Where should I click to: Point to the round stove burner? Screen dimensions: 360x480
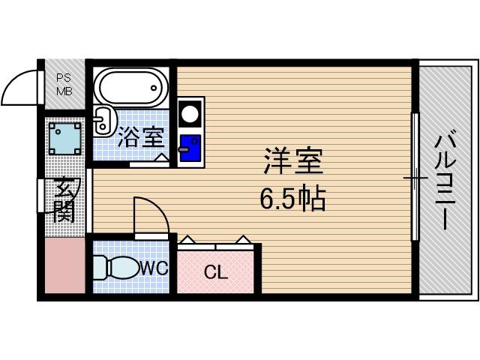[x=190, y=115]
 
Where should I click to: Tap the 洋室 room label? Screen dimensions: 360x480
[x=292, y=160]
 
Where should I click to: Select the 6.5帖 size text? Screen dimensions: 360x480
[x=292, y=198]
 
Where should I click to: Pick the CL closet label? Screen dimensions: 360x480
[x=215, y=272]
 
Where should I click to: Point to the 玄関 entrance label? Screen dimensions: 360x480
[x=64, y=201]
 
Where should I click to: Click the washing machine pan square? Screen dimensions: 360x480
[x=64, y=137]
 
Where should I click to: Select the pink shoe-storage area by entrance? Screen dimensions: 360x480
[x=64, y=265]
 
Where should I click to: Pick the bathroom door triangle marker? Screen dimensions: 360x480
[x=161, y=157]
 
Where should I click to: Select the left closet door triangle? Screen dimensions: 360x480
[x=187, y=240]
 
